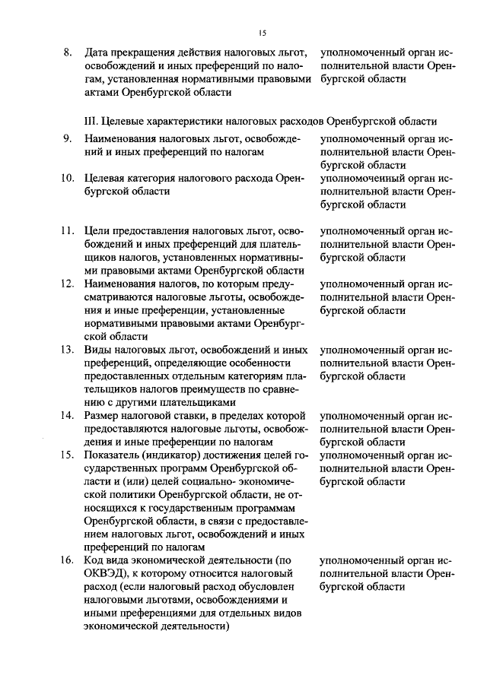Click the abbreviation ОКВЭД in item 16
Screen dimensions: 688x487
(105, 574)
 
